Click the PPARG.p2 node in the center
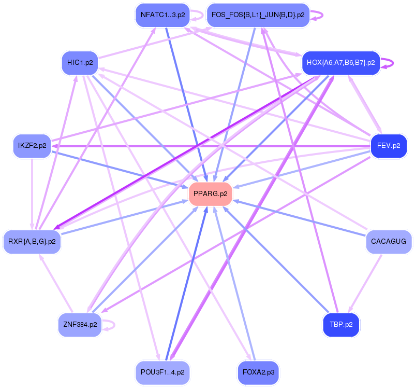[210, 194]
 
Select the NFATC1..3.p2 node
[162, 15]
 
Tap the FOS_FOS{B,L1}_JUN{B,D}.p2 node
[258, 15]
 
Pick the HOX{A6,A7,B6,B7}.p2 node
[340, 63]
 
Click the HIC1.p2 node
[80, 63]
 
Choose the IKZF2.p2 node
[32, 146]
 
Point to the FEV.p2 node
[389, 146]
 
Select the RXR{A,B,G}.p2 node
[32, 241]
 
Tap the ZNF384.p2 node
[80, 325]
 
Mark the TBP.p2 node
[341, 325]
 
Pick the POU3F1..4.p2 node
[162, 372]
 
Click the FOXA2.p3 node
[258, 372]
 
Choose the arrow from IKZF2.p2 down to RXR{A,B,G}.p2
[32, 192]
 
